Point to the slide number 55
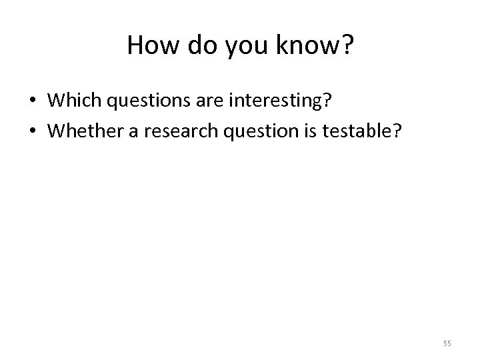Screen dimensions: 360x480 tap(447, 343)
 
